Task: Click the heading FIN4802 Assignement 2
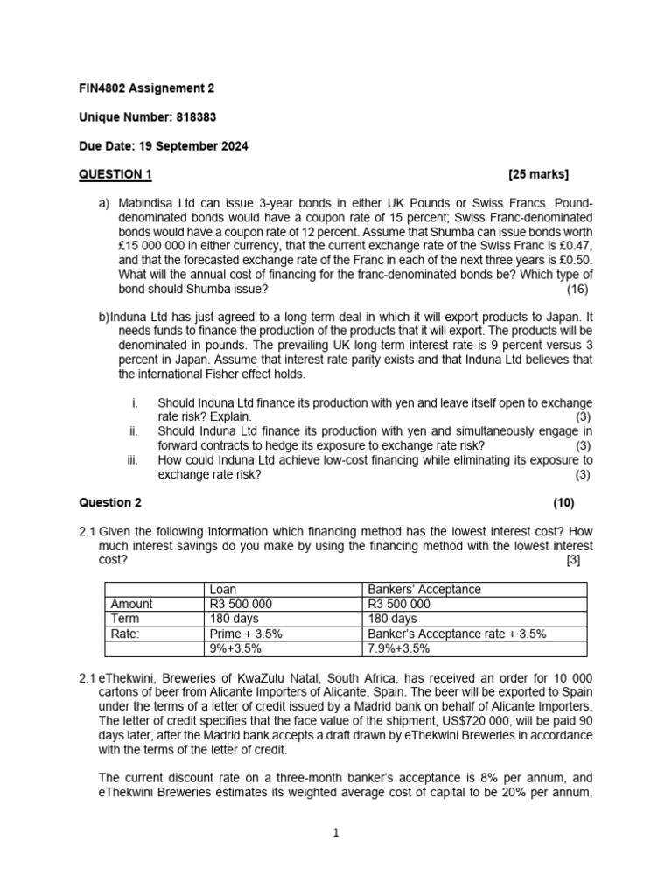coord(146,88)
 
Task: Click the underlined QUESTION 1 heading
coord(115,174)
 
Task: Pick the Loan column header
coord(224,590)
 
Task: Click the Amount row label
coord(132,604)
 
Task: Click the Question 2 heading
coord(110,503)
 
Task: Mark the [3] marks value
coord(573,560)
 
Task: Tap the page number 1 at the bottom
coord(336,833)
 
